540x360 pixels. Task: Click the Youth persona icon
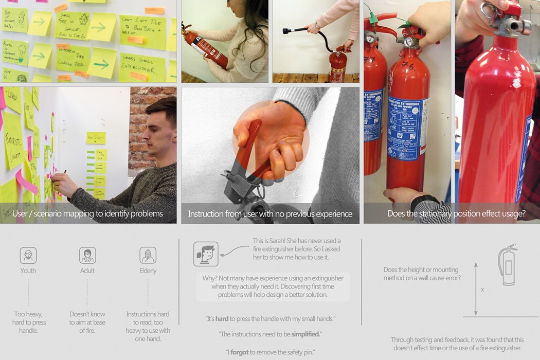pos(28,255)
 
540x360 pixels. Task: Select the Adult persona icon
pos(87,255)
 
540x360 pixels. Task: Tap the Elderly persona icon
pos(148,255)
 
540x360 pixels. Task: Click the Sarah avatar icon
pos(206,254)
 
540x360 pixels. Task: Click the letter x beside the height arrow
pos(482,290)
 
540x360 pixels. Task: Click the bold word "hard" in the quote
pos(222,319)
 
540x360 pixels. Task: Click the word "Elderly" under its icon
pos(148,271)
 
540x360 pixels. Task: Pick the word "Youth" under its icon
pos(28,271)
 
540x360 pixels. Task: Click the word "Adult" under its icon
pos(87,271)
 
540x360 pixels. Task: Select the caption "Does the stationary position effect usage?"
pos(456,214)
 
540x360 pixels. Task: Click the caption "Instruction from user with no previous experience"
pos(270,214)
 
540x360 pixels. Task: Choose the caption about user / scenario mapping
pos(88,214)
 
